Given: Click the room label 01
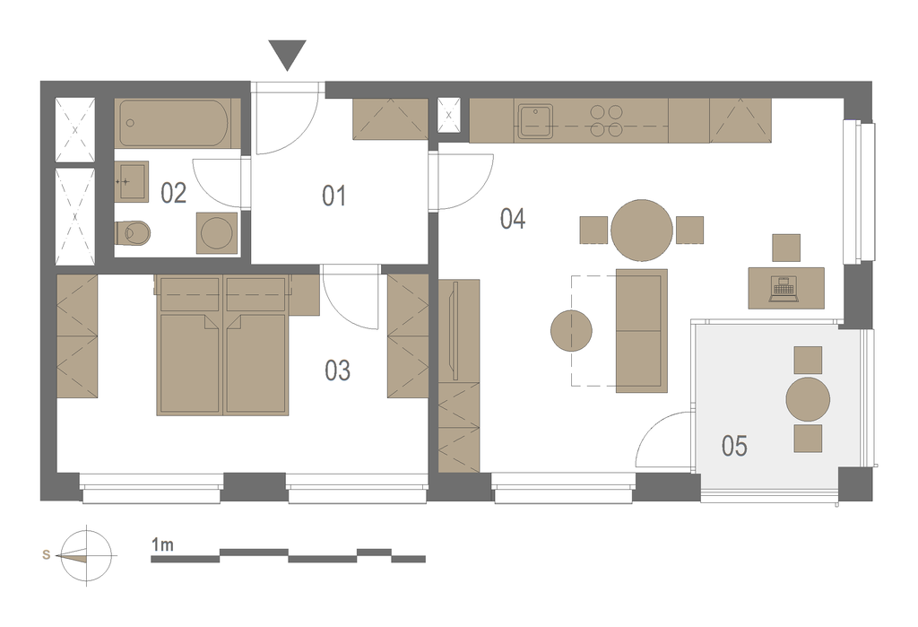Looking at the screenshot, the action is pos(333,196).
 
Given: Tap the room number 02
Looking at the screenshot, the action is pos(173,193).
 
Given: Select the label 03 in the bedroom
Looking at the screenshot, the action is pos(338,370).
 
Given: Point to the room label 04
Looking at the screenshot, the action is pos(513,218).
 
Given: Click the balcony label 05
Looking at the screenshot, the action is pos(734,446).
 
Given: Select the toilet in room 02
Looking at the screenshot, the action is pos(133,233).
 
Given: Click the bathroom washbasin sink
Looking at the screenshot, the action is pos(131,182).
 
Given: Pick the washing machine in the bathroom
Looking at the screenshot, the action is pos(217,232).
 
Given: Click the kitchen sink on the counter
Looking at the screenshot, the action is pos(534,122).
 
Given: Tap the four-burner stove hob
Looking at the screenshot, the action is pos(606,121).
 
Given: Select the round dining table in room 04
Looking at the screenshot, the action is pos(641,231).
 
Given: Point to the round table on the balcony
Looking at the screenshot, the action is pos(808,400).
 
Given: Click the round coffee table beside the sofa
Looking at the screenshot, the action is pos(571,330).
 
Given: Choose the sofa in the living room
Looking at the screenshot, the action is pos(642,330).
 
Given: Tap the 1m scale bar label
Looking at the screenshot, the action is pos(162,544).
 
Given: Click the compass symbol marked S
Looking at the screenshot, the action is pos(86,555).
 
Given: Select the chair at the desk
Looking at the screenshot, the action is pos(786,248).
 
